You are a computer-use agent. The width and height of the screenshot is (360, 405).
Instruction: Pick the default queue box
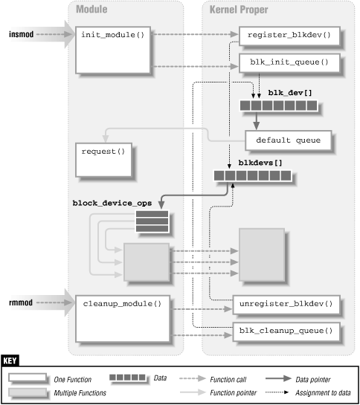pos(288,139)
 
